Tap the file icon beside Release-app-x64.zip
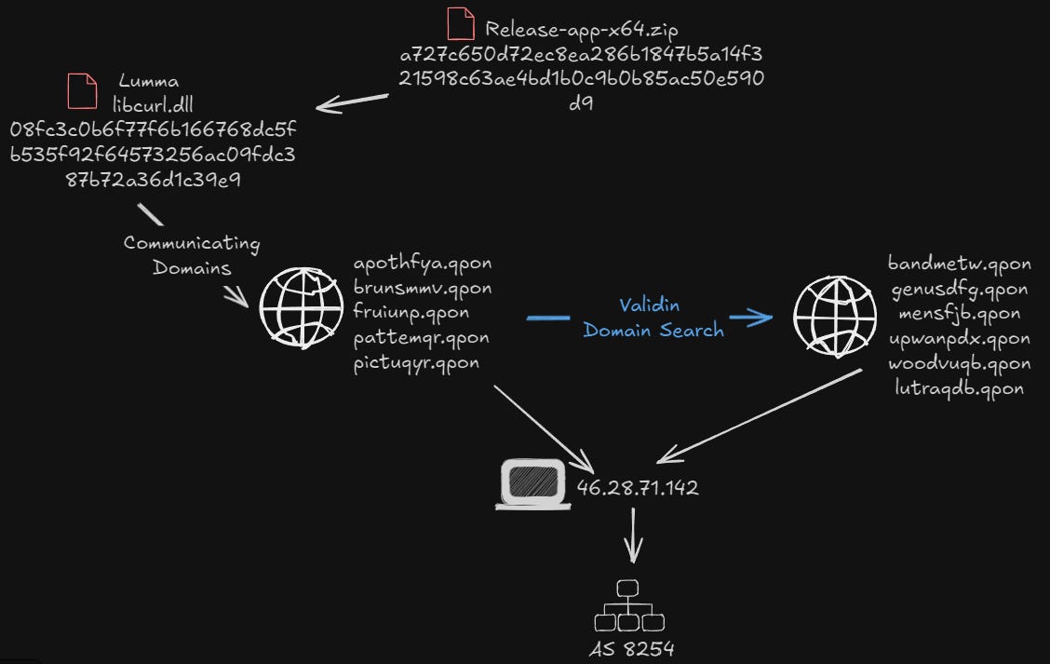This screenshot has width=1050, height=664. pyautogui.click(x=459, y=25)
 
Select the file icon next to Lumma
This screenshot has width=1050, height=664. pyautogui.click(x=82, y=90)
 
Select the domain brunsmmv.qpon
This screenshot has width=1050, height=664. pyautogui.click(x=423, y=288)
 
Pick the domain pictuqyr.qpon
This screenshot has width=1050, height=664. pyautogui.click(x=416, y=362)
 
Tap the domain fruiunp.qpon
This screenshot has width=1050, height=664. pyautogui.click(x=411, y=312)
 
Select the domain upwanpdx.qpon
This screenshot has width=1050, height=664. pyautogui.click(x=960, y=338)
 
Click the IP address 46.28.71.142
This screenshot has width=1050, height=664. pyautogui.click(x=638, y=488)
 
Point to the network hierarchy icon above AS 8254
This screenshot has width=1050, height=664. pyautogui.click(x=626, y=606)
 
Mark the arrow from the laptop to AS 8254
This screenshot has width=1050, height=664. pyautogui.click(x=633, y=538)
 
